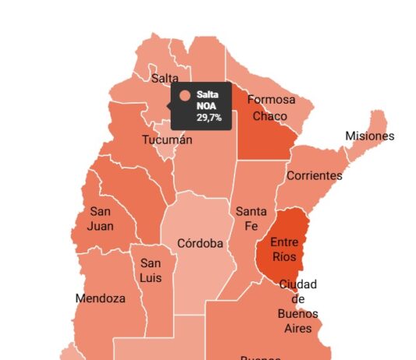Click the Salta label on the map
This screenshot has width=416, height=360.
click(x=165, y=78)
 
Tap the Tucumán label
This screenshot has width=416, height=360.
click(x=167, y=140)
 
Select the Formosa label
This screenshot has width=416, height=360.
click(x=271, y=100)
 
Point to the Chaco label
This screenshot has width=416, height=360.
click(x=270, y=116)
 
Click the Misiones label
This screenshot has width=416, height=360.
click(x=369, y=136)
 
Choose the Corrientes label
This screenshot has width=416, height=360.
click(x=314, y=175)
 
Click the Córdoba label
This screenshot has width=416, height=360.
click(x=200, y=243)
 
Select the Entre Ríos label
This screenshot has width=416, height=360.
click(x=284, y=249)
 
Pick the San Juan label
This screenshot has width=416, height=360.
click(x=101, y=219)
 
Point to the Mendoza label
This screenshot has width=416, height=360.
click(x=100, y=298)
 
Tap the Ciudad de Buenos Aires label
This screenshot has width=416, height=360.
click(x=298, y=306)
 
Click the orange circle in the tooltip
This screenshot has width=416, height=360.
click(x=185, y=96)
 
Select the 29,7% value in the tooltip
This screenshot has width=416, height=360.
click(x=208, y=118)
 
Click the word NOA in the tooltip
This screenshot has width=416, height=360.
click(x=206, y=106)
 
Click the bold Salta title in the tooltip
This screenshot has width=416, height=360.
click(x=207, y=94)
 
